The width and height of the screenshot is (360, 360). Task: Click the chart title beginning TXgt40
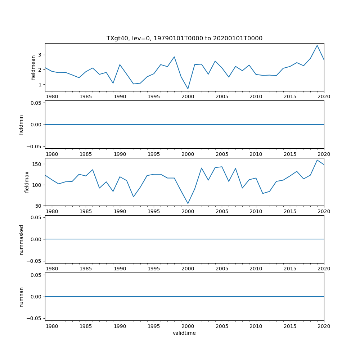coord(184,38)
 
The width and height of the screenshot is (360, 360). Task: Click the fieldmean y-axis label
coord(33,67)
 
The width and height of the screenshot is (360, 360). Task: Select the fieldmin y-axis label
coord(21,125)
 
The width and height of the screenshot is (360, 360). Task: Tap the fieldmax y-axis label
coord(27,182)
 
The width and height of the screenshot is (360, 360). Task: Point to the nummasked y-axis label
coord(21,239)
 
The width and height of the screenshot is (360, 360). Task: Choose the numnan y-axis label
coord(21,297)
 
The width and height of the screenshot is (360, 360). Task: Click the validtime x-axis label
coord(184,333)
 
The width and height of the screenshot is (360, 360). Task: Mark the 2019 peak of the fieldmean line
coord(317,45)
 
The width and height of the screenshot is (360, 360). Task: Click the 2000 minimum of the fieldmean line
coord(188,89)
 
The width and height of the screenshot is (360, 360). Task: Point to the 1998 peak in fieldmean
coord(174,57)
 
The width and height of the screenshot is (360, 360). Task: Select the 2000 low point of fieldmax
coord(188,203)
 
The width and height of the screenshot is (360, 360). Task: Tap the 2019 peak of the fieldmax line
coord(317,160)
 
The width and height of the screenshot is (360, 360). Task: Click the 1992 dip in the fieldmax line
coord(134,197)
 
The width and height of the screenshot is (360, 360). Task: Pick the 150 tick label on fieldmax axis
coord(37,164)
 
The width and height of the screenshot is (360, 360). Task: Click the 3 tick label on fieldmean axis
coord(40,55)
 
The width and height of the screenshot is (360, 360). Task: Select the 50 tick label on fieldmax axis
coord(38,206)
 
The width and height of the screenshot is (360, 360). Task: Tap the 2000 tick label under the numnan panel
coord(188,326)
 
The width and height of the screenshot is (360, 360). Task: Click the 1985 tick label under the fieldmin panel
coord(86,154)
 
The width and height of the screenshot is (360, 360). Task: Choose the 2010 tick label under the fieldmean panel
coord(256,96)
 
